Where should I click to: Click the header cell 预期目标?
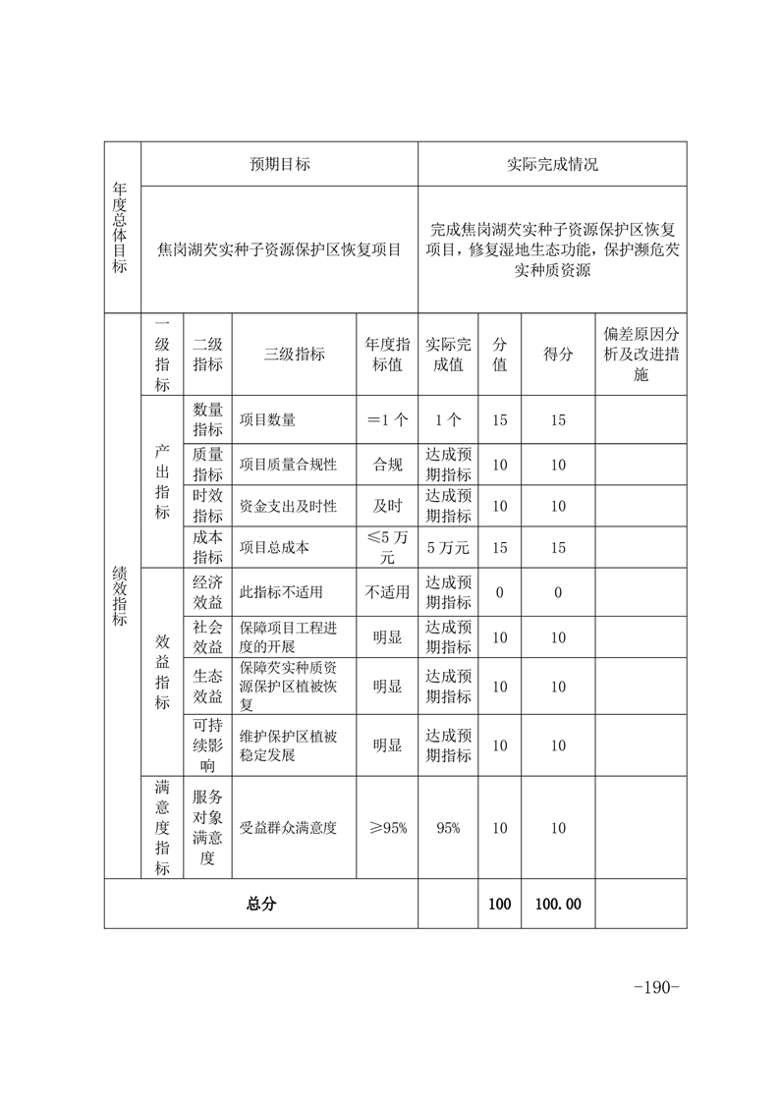(279, 164)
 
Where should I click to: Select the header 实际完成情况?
(552, 164)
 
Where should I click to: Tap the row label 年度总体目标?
(122, 228)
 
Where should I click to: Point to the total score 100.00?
(557, 904)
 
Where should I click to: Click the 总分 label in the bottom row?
(260, 904)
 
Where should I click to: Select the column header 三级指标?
(294, 355)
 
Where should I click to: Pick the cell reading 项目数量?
(267, 420)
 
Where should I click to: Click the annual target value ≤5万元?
(386, 548)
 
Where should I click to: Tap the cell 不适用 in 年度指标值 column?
(386, 592)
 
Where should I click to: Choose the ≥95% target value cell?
(386, 828)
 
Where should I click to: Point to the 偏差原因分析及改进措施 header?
(641, 355)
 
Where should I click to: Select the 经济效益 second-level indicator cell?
(207, 592)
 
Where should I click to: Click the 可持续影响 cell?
(207, 745)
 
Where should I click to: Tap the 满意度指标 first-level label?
(162, 828)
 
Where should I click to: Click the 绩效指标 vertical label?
(122, 595)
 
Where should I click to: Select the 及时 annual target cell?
(386, 506)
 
